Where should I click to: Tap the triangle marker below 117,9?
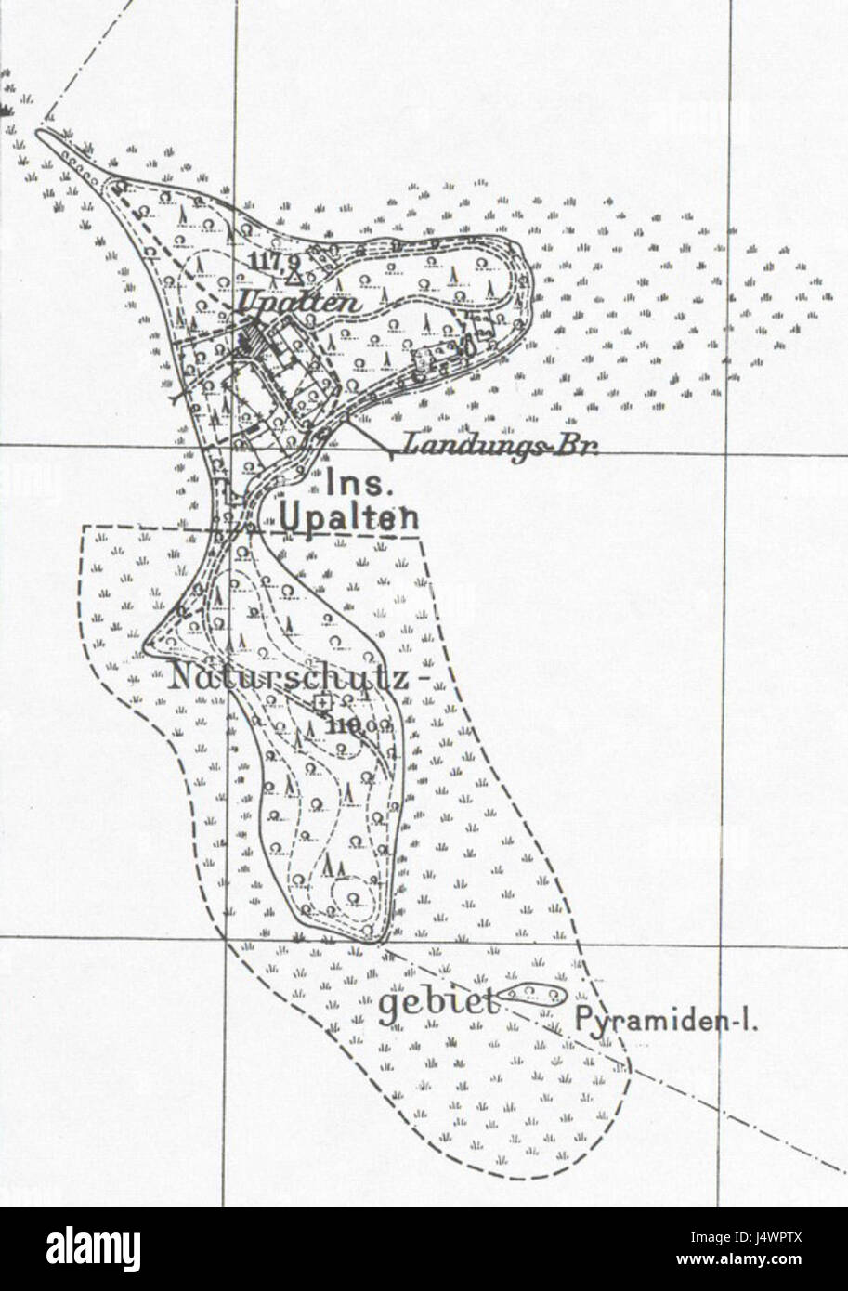point(294,276)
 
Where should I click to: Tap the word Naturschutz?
point(288,678)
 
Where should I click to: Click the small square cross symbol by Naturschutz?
point(321,703)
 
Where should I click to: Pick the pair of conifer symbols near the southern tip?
point(333,866)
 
